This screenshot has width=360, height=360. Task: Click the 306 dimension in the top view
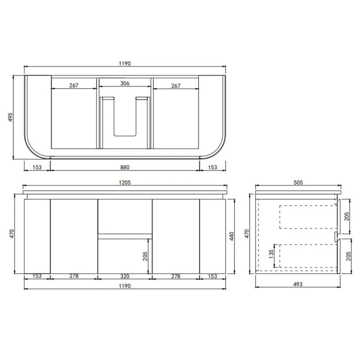tap(125, 84)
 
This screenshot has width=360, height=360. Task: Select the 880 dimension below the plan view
tap(125, 167)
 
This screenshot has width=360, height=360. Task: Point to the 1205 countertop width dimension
tap(125, 183)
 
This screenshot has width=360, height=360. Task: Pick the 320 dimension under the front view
tap(125, 277)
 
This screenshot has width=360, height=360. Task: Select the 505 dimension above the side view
tap(297, 183)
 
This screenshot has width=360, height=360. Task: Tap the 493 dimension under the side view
tap(297, 284)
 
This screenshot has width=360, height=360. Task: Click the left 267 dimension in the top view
tap(74, 85)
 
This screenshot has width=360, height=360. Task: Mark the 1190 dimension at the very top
tap(125, 63)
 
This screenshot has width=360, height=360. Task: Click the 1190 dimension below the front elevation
tap(125, 286)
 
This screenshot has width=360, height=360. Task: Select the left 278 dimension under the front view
tap(74, 277)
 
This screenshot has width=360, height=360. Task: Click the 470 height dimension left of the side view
tap(247, 234)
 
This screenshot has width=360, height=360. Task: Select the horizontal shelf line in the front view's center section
tap(125, 234)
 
